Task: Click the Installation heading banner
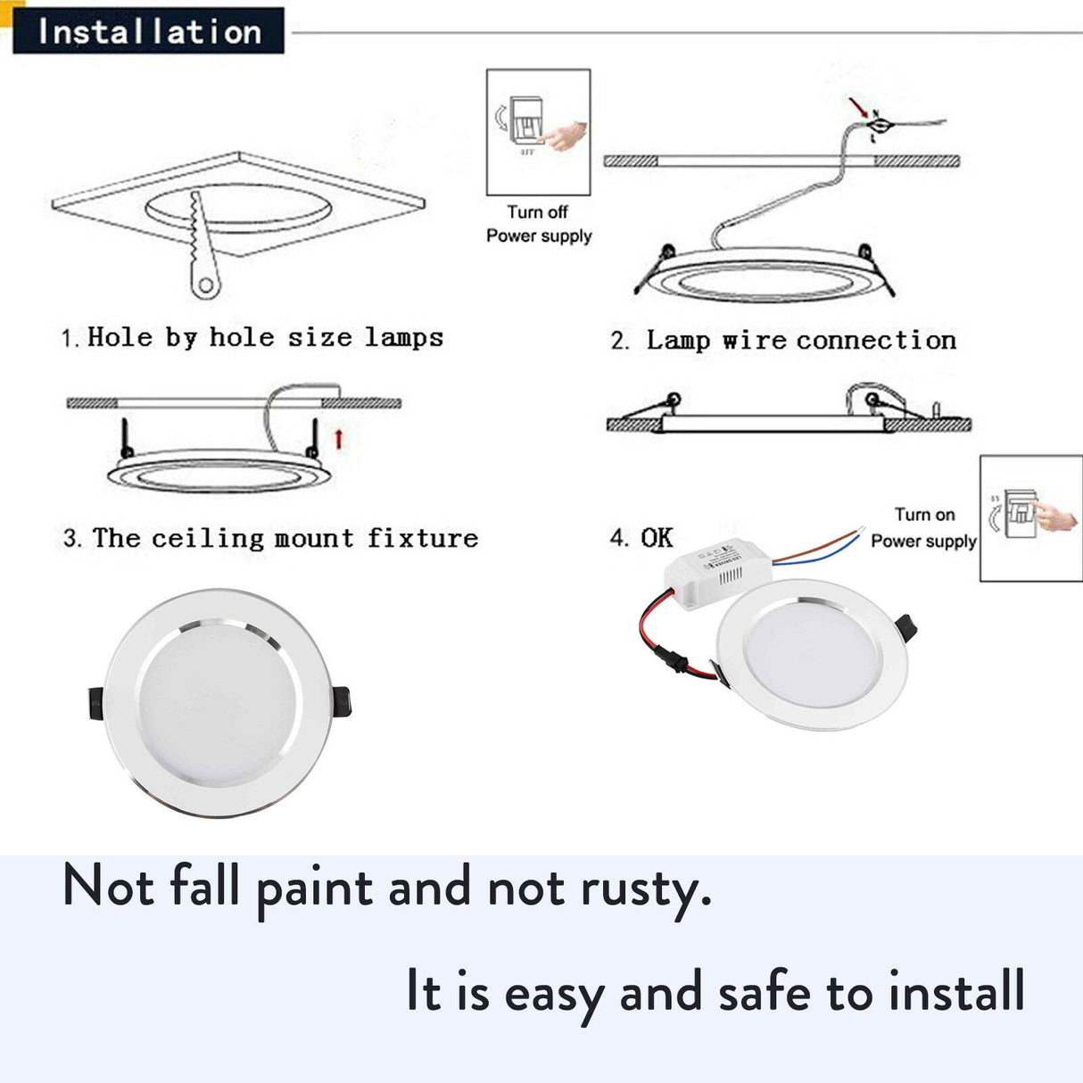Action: (148, 32)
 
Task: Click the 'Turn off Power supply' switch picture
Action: (538, 132)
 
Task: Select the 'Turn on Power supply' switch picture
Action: (1030, 518)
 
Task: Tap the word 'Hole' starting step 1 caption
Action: (120, 337)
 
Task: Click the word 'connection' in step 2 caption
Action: (876, 340)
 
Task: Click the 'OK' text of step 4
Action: (657, 537)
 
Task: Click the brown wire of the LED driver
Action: (816, 544)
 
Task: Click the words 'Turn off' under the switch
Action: (537, 212)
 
